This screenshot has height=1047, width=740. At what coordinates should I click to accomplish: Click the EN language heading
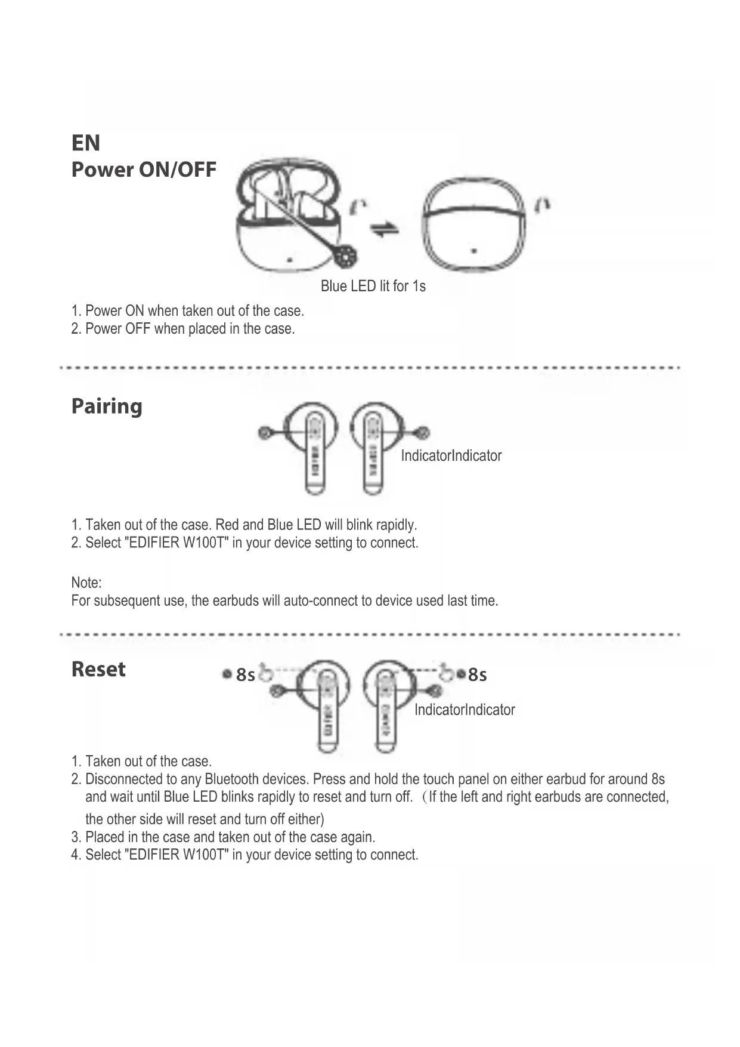(x=86, y=143)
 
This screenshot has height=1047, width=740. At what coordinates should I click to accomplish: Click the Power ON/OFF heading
(x=144, y=170)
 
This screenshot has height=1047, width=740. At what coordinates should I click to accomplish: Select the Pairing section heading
(x=107, y=407)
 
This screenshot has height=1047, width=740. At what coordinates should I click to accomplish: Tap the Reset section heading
(x=98, y=669)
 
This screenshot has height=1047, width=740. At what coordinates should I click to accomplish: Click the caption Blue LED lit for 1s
(x=373, y=287)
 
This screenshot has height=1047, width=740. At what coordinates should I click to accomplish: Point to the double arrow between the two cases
(x=385, y=230)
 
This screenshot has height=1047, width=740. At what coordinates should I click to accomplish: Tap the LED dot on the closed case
(x=473, y=250)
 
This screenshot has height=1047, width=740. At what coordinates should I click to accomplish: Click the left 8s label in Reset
(x=245, y=675)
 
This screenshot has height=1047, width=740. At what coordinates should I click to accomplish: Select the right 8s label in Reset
(x=477, y=675)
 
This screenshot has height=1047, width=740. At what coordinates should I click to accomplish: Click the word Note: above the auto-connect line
(x=86, y=583)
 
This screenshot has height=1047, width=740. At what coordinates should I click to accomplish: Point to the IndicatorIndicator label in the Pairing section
(x=451, y=456)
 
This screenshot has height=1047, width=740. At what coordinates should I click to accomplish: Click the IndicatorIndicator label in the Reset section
(x=465, y=710)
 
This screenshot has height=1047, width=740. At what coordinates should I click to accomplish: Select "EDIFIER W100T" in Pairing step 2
(x=176, y=543)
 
